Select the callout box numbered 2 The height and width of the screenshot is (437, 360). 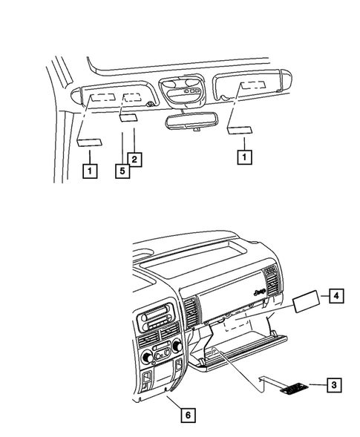pos(134,158)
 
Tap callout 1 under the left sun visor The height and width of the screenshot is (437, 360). pos(88,171)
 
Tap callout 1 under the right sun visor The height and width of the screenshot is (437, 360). pos(241,157)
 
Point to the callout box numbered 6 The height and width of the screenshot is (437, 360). pos(187,415)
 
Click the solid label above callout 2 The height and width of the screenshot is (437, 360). pos(127,118)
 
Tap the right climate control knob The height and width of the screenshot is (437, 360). pos(177,346)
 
